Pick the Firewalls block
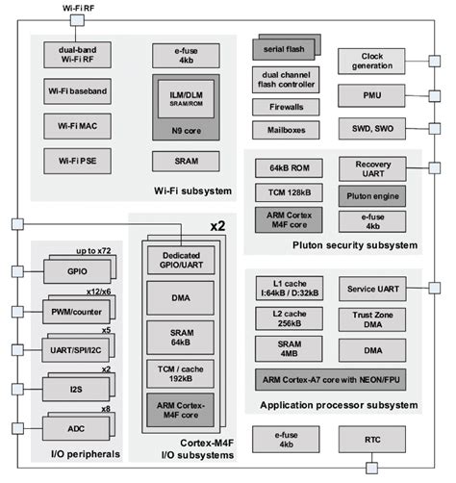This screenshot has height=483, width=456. (x=285, y=108)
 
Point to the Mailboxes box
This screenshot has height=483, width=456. (x=285, y=130)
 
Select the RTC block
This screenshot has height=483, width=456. (x=371, y=440)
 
